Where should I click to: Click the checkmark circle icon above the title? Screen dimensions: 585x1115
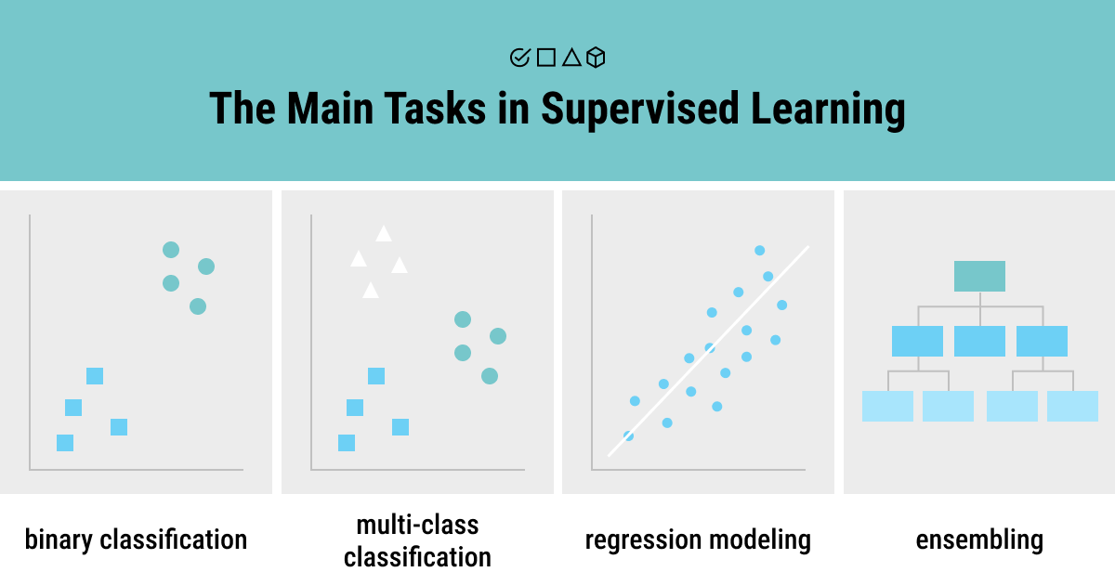coord(519,58)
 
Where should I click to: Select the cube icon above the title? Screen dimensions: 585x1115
coord(597,58)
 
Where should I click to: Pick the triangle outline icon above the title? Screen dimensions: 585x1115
coord(571,58)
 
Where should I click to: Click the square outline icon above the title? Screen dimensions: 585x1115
coord(546,58)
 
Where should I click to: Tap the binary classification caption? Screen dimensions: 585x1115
coord(136,539)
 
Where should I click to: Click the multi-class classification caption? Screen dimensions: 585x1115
coord(417,540)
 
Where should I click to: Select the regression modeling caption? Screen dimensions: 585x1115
coord(698,539)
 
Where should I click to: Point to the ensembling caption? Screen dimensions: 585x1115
coord(979,539)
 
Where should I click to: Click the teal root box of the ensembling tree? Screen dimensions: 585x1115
coord(979,276)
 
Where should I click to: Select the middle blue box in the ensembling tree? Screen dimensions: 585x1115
coord(979,341)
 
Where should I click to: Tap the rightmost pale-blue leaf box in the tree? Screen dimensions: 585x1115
coord(1072,406)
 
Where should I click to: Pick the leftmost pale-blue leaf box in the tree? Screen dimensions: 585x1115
coord(887,406)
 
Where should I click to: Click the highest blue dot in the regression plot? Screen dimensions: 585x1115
coord(759,250)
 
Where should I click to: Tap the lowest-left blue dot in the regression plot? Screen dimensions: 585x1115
coord(628,435)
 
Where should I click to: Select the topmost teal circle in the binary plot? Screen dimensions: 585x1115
coord(171,249)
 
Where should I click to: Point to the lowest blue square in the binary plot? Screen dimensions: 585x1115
coord(65,443)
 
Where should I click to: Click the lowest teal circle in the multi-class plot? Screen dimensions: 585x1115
coord(490,376)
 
